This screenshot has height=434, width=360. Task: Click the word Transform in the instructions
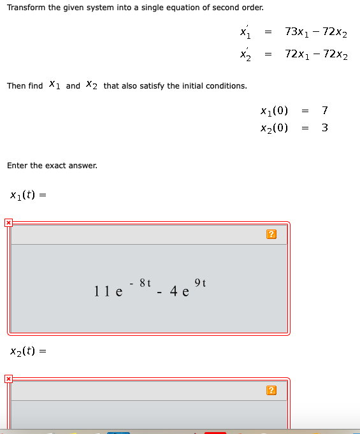pyautogui.click(x=27, y=8)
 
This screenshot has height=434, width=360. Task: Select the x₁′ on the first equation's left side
pyautogui.click(x=245, y=31)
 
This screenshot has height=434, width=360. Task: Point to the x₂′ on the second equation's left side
pyautogui.click(x=245, y=54)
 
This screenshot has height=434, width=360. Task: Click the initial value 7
pyautogui.click(x=325, y=111)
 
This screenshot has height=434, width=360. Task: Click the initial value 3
pyautogui.click(x=325, y=127)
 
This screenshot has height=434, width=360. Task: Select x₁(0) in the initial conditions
pyautogui.click(x=275, y=111)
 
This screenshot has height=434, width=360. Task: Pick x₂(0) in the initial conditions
pyautogui.click(x=275, y=127)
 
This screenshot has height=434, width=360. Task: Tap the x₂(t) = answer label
pyautogui.click(x=27, y=351)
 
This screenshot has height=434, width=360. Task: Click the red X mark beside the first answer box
pyautogui.click(x=8, y=223)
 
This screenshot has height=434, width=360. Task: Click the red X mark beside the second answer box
pyautogui.click(x=8, y=379)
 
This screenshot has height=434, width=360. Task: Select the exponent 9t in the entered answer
pyautogui.click(x=199, y=282)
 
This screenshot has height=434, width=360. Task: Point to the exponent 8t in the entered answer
pyautogui.click(x=145, y=282)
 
